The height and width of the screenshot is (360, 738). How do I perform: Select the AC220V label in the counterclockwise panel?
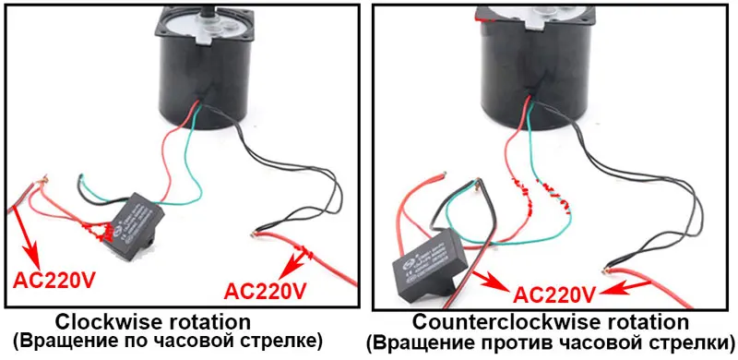(552, 295)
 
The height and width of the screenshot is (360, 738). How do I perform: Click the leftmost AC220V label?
(52, 278)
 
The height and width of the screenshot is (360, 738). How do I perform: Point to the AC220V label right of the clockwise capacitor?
(266, 291)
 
